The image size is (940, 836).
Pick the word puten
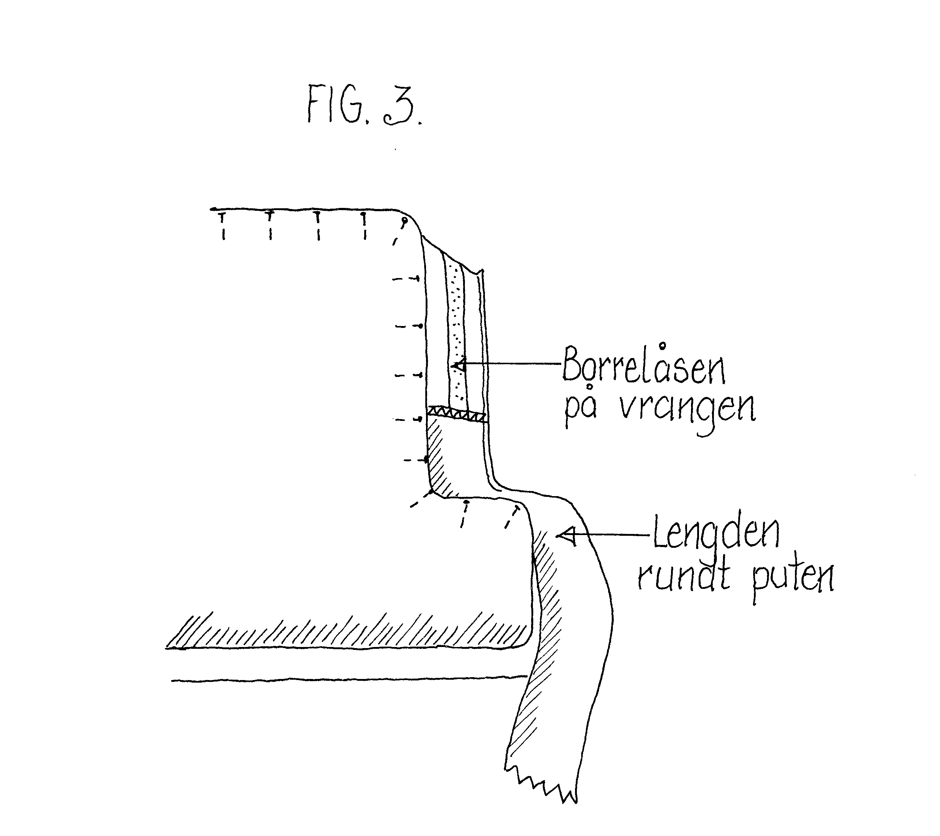(793, 579)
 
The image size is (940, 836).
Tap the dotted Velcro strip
(456, 331)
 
